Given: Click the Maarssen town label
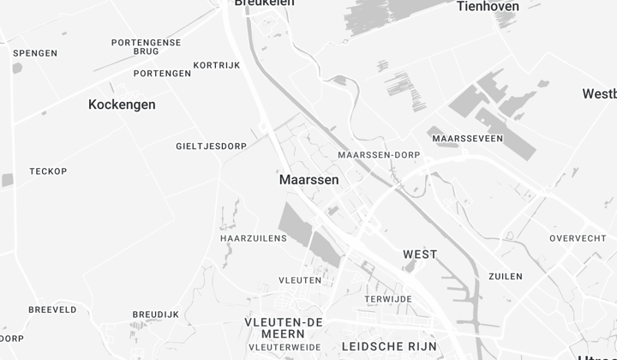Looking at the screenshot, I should point(308,181).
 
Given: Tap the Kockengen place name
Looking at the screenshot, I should point(122,105).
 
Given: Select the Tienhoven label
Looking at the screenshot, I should point(487,6).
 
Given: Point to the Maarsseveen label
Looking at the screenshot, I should point(468,139).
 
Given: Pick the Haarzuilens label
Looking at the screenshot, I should point(254,238).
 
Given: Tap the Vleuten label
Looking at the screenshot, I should point(300,280).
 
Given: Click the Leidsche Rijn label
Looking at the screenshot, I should point(389,346).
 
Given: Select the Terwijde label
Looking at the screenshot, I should point(388,299).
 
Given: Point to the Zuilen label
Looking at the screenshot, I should point(505,277).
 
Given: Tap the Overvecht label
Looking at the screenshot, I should point(578,238).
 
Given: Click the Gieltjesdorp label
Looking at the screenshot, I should point(211,147).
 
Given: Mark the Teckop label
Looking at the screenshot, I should point(48,171).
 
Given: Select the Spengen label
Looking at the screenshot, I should point(35,53).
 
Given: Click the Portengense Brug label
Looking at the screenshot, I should point(147,46).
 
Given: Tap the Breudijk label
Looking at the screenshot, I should point(155,315).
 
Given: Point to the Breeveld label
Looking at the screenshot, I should point(52,309).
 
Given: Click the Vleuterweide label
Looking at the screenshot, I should point(285,347).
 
